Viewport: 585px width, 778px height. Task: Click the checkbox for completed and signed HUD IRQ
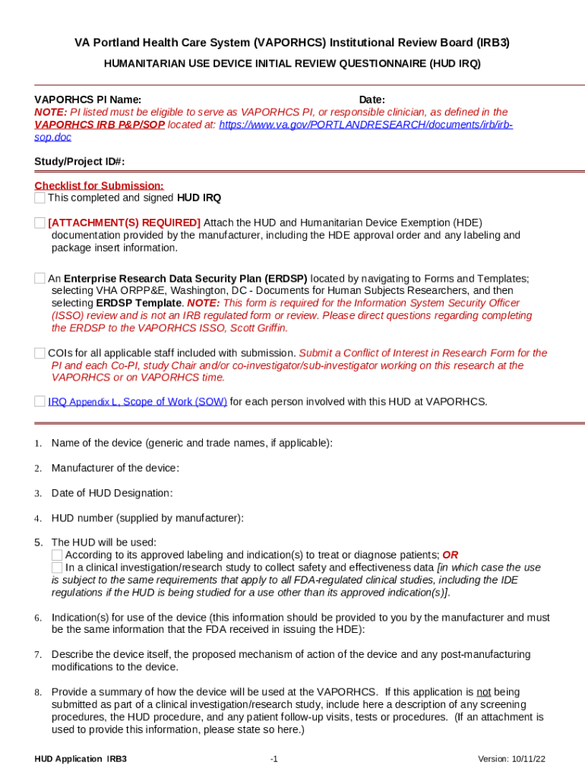40,198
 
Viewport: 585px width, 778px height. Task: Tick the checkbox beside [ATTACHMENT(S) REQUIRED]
40,223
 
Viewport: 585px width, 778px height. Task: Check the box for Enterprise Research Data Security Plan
40,279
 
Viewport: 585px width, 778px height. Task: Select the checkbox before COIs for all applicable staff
40,353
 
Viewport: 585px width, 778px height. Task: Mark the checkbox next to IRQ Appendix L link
40,402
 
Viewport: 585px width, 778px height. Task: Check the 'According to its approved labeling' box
57,555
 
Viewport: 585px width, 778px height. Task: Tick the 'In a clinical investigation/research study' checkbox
57,568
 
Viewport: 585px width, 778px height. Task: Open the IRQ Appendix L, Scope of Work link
138,402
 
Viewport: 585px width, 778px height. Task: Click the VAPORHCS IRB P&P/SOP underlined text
100,125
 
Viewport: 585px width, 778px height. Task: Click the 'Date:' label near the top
372,100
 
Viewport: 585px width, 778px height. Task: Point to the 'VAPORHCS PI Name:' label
87,100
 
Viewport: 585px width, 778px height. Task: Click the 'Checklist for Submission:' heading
99,186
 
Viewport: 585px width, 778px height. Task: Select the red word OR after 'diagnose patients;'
450,555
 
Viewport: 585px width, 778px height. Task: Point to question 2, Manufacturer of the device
115,468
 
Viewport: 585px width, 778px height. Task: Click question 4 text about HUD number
147,518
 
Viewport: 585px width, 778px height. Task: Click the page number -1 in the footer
274,759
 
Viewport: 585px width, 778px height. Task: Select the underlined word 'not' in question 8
483,692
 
